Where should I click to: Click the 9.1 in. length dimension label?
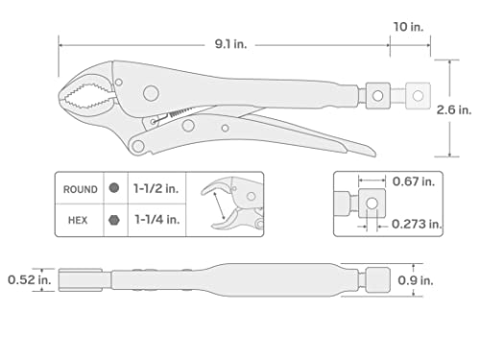pyautogui.click(x=229, y=42)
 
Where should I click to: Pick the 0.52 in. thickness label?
pyautogui.click(x=27, y=280)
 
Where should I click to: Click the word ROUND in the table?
pyautogui.click(x=80, y=189)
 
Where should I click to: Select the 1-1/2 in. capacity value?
pyautogui.click(x=154, y=189)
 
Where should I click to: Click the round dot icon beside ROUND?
pyautogui.click(x=115, y=189)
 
